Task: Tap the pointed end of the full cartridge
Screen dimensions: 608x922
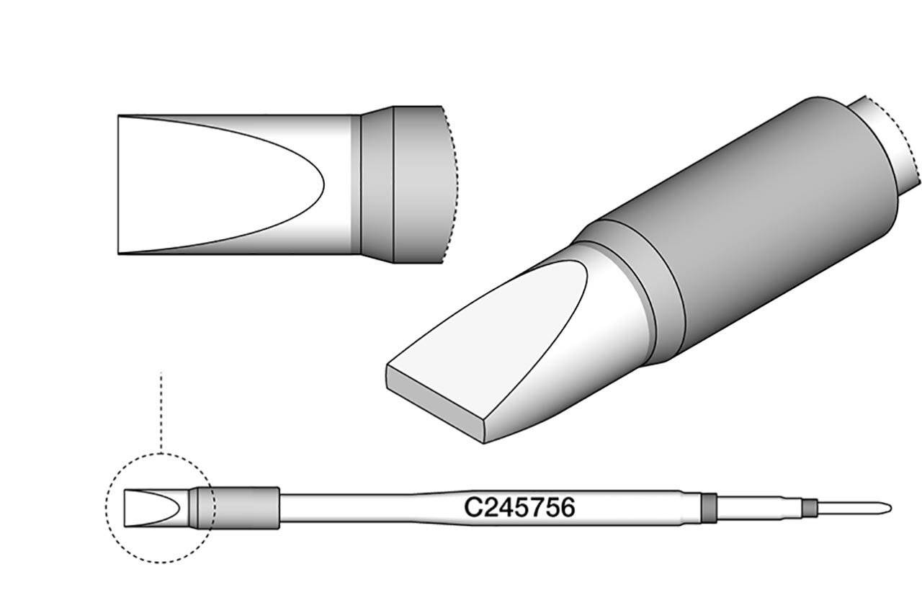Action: [x=892, y=509]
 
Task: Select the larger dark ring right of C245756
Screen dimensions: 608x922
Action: [x=710, y=508]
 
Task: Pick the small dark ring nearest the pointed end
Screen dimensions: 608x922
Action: [x=810, y=509]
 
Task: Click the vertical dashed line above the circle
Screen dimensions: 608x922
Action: [x=161, y=411]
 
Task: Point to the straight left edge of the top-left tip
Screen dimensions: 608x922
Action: [x=118, y=184]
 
